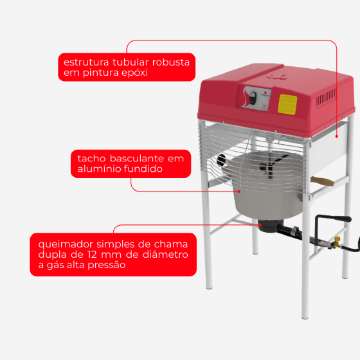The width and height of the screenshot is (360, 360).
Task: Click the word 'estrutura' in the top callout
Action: click(86, 62)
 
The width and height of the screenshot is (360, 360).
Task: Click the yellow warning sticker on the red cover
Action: click(287, 104)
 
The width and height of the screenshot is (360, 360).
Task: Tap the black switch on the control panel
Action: click(253, 98)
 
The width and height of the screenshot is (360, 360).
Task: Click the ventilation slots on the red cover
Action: click(325, 97)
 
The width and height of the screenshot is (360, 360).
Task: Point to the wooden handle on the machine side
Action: click(322, 181)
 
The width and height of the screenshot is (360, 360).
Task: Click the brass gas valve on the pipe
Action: click(337, 242)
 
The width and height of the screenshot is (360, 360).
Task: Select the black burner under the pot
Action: click(271, 225)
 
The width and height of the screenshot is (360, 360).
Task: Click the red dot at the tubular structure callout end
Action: click(337, 136)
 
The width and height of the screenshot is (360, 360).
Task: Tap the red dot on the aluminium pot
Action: click(239, 192)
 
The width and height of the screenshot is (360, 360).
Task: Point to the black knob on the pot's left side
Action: click(221, 160)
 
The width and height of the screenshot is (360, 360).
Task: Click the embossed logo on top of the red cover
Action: click(277, 77)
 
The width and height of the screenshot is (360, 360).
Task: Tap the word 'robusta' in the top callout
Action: click(171, 62)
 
